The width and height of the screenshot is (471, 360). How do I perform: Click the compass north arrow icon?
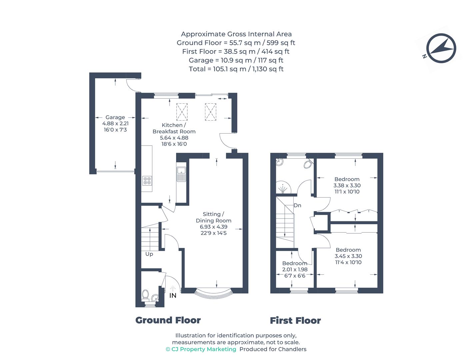click(441, 49)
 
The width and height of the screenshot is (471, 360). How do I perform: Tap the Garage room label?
click(115, 117)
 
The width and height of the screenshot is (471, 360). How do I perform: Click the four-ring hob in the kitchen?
click(147, 181)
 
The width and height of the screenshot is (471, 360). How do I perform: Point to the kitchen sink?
click(181, 174)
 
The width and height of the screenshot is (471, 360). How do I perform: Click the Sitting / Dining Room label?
click(213, 217)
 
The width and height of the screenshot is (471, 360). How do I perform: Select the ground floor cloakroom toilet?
click(145, 295)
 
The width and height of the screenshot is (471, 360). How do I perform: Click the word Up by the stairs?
click(149, 254)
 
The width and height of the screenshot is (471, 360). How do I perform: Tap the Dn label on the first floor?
click(297, 205)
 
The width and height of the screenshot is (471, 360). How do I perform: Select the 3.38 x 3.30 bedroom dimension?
click(347, 185)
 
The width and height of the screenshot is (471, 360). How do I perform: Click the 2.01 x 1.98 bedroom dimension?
click(295, 269)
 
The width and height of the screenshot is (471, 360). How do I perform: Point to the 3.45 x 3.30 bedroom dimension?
click(348, 256)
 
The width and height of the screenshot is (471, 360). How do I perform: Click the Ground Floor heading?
click(168, 320)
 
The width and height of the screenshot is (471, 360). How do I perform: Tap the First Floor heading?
click(295, 321)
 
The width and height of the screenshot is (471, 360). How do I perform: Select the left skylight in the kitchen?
click(182, 112)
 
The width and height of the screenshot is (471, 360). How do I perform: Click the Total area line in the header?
click(236, 69)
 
